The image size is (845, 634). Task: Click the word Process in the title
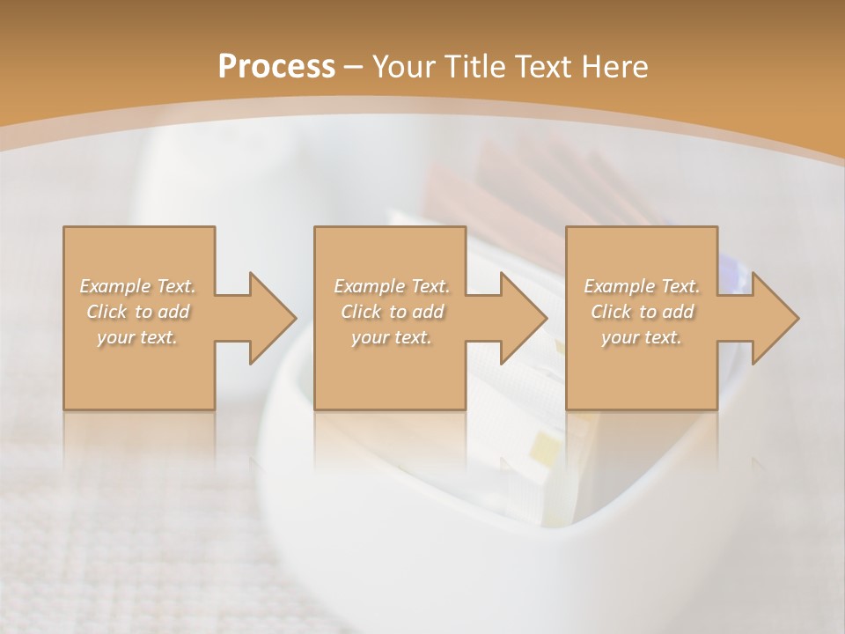click(x=276, y=67)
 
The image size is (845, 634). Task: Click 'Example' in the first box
click(x=112, y=286)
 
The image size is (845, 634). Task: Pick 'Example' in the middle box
click(x=365, y=286)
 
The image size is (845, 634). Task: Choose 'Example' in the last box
click(x=616, y=286)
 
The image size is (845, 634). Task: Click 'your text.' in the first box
click(x=137, y=337)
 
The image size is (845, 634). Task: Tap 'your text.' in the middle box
click(x=391, y=337)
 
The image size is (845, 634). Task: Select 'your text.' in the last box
click(x=642, y=337)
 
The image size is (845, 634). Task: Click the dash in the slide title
click(x=354, y=67)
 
